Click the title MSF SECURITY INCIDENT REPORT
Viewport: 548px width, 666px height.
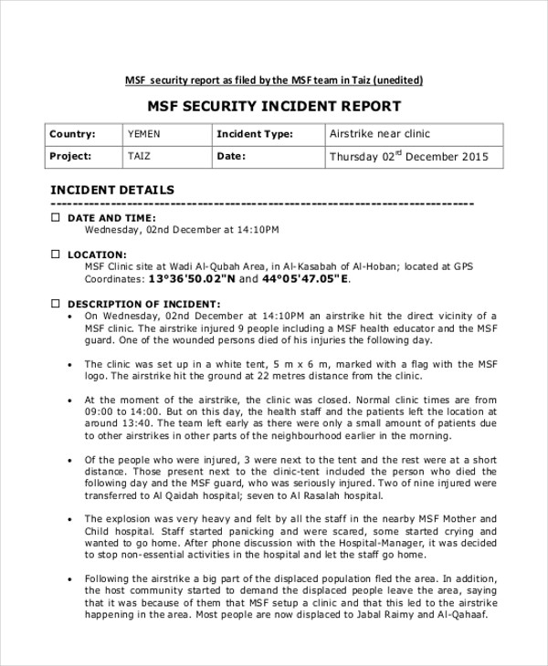[274, 107]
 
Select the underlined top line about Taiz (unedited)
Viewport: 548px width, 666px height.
[274, 80]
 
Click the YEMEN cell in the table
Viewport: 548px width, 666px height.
[144, 134]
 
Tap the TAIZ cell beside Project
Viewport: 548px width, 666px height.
[140, 156]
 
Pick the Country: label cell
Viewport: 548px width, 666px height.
[72, 134]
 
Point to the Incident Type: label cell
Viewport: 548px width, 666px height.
[254, 134]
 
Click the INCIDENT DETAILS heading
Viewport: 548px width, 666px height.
[111, 190]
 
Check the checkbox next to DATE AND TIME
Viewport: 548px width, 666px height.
[55, 218]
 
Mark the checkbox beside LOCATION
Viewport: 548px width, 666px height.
[55, 254]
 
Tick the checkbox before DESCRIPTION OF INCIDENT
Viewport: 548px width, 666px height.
[55, 303]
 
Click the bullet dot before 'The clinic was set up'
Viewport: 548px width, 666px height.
[71, 363]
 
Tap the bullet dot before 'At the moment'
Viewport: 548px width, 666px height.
[71, 400]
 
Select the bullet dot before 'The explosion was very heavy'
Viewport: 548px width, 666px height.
[71, 518]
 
